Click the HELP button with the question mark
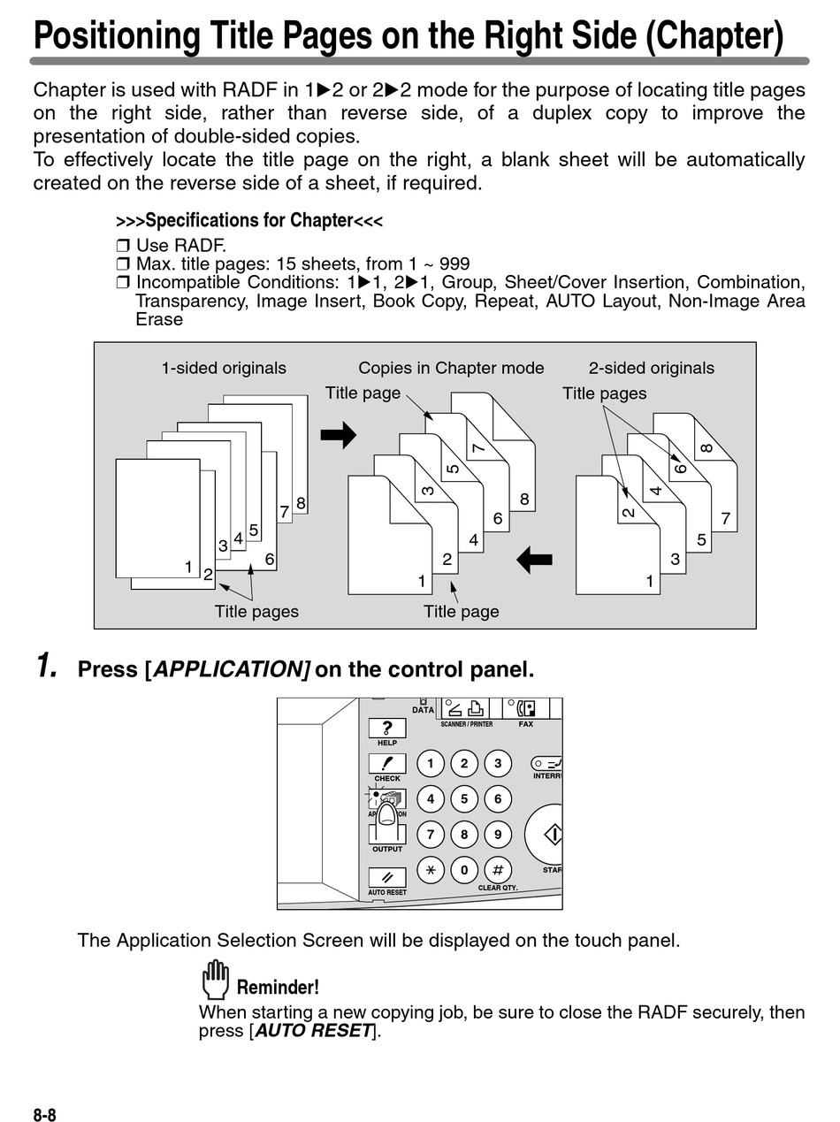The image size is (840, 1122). (x=387, y=729)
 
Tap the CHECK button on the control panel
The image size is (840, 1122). (x=387, y=763)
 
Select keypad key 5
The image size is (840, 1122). (x=464, y=799)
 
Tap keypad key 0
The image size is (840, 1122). (x=464, y=869)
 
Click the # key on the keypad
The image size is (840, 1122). (x=498, y=869)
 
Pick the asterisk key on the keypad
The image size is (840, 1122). (x=431, y=869)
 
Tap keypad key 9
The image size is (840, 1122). (x=498, y=834)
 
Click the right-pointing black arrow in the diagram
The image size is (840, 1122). (x=338, y=435)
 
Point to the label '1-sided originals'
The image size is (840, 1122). (x=224, y=368)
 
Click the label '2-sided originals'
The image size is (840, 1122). (x=652, y=368)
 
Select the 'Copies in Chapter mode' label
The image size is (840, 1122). (x=451, y=368)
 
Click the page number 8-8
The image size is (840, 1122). (x=45, y=1115)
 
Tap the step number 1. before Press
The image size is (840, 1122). (x=47, y=666)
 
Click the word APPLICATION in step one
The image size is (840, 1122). (x=230, y=669)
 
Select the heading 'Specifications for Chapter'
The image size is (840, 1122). (x=249, y=220)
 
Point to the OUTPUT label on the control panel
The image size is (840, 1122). (x=387, y=849)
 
